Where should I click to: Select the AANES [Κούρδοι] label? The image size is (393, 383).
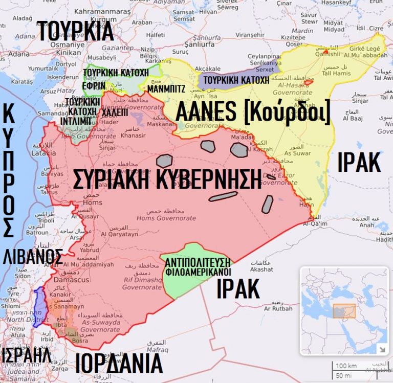pos(252,112)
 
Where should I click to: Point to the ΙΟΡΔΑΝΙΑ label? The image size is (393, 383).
pos(118,364)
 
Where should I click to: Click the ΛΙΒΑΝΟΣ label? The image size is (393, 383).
pos(33,256)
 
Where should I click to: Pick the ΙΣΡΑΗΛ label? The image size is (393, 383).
pos(26,354)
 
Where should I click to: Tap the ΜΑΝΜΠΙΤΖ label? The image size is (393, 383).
pos(166,88)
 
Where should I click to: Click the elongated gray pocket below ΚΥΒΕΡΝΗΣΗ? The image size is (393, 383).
pos(222,196)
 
